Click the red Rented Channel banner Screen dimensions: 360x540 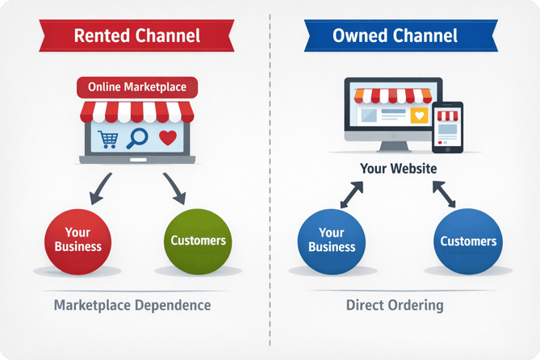pyautogui.click(x=136, y=36)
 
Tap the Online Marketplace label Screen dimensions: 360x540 pyautogui.click(x=137, y=87)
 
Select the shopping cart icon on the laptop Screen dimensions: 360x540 pyautogui.click(x=107, y=139)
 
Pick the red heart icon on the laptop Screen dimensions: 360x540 pyautogui.click(x=167, y=137)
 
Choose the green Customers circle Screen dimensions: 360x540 pyautogui.click(x=198, y=240)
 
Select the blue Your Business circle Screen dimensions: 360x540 pyautogui.click(x=332, y=240)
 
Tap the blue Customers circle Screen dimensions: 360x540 pyautogui.click(x=467, y=241)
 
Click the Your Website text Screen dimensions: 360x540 pyautogui.click(x=400, y=169)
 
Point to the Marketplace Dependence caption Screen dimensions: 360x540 pyautogui.click(x=132, y=306)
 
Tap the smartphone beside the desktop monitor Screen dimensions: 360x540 pyautogui.click(x=447, y=126)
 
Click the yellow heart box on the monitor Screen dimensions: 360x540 pyautogui.click(x=419, y=115)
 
